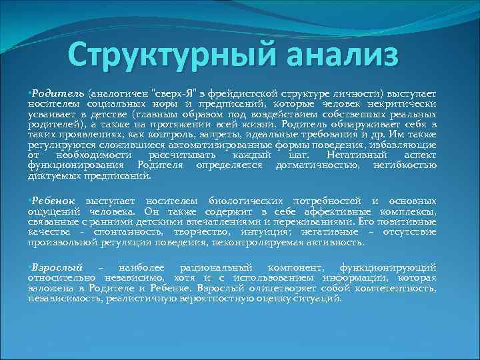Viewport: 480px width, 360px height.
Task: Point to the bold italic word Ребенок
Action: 55,201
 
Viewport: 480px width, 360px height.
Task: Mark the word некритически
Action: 403,105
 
